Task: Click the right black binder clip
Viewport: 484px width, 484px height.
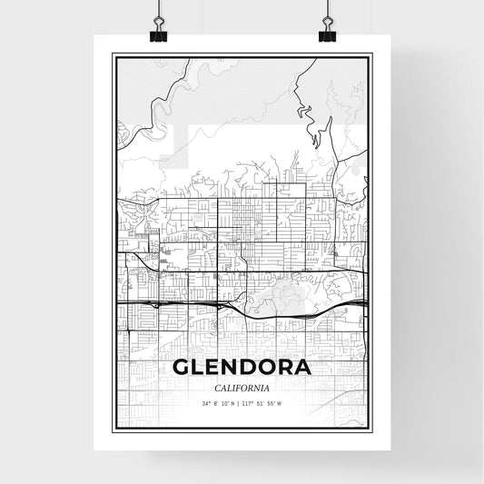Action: pyautogui.click(x=326, y=32)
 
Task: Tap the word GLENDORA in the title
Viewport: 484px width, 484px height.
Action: pyautogui.click(x=241, y=369)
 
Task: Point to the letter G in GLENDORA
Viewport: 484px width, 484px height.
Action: pyautogui.click(x=182, y=369)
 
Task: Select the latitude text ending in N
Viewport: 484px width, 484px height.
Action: pyautogui.click(x=221, y=403)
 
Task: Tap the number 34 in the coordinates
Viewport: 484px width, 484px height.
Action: pyautogui.click(x=206, y=403)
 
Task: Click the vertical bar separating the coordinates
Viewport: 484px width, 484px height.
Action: pyautogui.click(x=241, y=403)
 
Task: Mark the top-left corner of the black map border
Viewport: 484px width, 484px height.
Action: pyautogui.click(x=114, y=54)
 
